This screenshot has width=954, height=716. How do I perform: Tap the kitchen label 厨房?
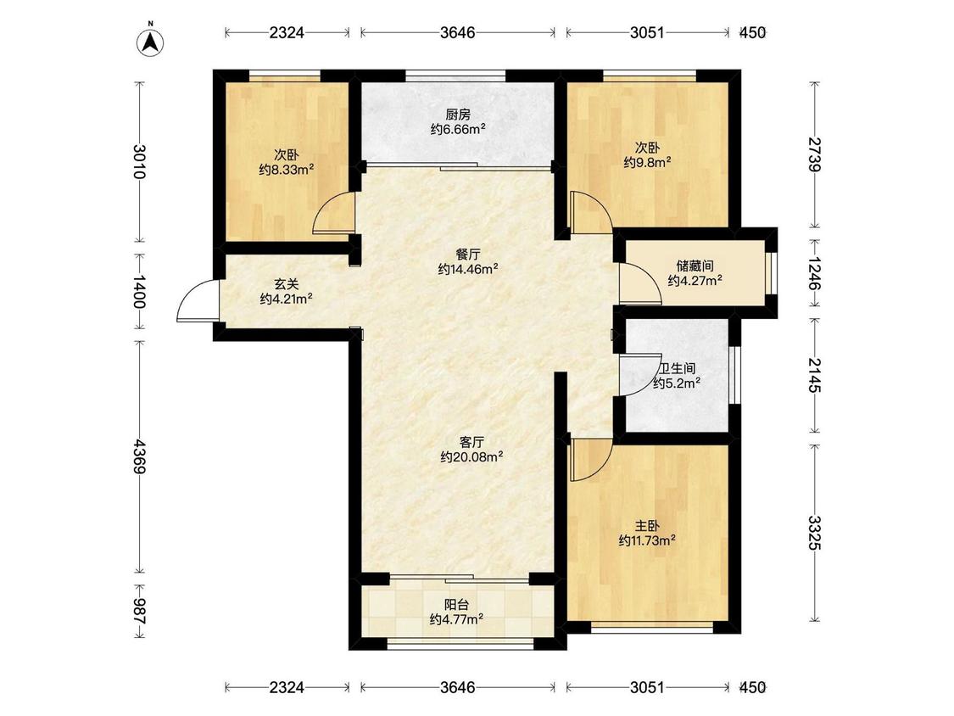click(x=458, y=115)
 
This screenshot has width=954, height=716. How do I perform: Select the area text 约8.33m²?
click(x=286, y=170)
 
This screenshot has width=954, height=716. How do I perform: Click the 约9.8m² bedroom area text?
click(x=647, y=163)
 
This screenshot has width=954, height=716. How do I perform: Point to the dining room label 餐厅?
click(x=467, y=255)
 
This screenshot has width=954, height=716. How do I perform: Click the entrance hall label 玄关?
click(x=286, y=283)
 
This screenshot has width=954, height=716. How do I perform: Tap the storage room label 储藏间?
click(x=695, y=266)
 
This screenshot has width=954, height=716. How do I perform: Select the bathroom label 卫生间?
click(x=678, y=368)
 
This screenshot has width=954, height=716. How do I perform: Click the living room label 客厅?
click(x=471, y=442)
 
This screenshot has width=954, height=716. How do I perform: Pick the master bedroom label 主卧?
click(x=647, y=526)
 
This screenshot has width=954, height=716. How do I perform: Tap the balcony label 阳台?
click(x=456, y=605)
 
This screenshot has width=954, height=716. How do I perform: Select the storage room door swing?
click(x=640, y=282)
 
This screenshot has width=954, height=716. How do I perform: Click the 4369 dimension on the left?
click(x=141, y=456)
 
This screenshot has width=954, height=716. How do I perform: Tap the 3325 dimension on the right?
click(x=815, y=533)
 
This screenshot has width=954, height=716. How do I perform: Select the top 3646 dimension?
click(x=458, y=33)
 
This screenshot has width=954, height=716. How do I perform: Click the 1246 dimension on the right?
click(x=815, y=274)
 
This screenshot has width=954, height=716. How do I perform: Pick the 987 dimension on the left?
click(x=141, y=612)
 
